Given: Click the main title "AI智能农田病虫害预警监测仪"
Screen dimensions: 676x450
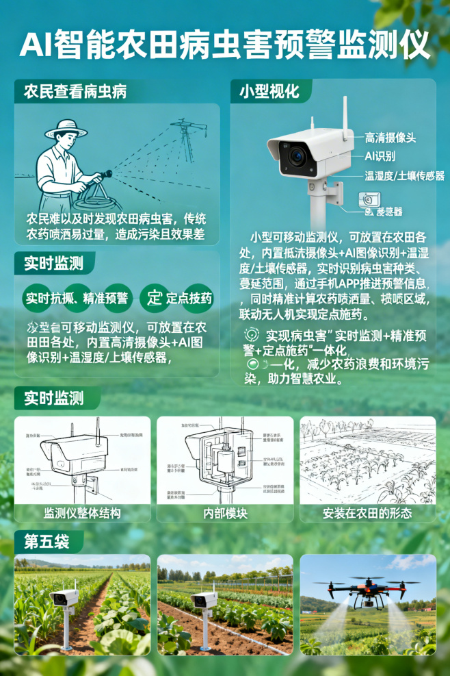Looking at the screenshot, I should (225, 45).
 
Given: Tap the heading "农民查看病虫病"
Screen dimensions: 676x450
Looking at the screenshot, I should (75, 91).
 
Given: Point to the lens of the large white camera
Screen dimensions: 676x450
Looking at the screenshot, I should (297, 156).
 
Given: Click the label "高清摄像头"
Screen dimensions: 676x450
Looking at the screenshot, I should (390, 137).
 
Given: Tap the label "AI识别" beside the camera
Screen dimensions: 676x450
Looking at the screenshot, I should (380, 155).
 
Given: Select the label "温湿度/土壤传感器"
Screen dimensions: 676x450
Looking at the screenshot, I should (404, 175).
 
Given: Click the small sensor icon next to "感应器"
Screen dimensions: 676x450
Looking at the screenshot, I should (367, 200).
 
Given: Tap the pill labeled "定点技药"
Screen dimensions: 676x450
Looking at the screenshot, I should (189, 298).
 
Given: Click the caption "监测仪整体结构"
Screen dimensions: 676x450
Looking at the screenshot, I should (82, 513).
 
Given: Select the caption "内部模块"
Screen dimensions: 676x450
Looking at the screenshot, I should (225, 513).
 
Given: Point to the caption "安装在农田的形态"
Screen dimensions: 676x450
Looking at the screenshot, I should (368, 513).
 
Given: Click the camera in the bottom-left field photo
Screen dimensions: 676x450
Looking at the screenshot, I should (64, 597).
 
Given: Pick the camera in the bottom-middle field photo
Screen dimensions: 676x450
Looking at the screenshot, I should (204, 600).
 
